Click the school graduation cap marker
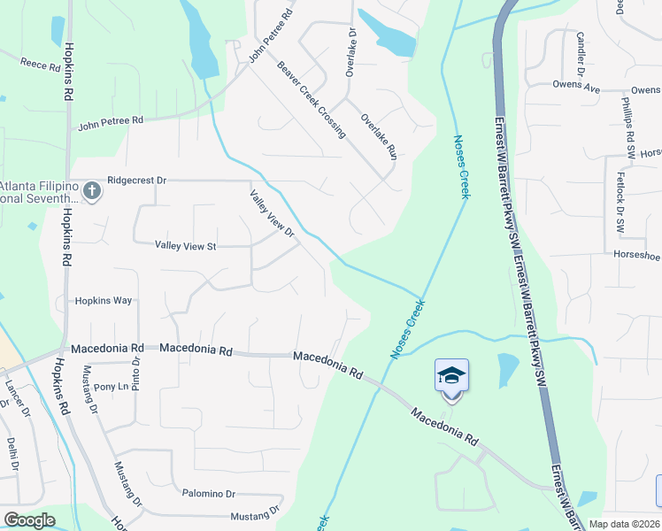coord(451,376)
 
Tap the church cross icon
coord(91,190)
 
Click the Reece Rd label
coord(39,65)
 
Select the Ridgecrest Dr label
coord(136,180)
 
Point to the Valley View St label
coord(186,245)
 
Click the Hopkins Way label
coord(104,301)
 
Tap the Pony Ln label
coord(112,387)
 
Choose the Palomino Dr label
coord(209,494)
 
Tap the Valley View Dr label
coord(271,213)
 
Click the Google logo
coord(30,520)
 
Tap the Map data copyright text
coord(625,524)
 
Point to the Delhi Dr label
coord(12,453)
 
